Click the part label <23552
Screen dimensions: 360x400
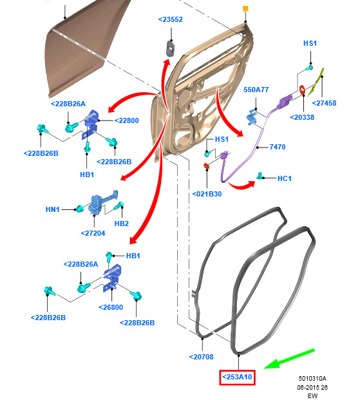click(171, 19)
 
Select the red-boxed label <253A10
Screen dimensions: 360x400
click(237, 377)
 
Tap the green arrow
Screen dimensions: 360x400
click(289, 359)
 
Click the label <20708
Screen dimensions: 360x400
click(202, 357)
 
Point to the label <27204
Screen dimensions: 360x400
click(93, 233)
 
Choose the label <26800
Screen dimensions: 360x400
click(111, 307)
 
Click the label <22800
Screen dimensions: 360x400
click(127, 120)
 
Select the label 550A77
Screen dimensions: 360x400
click(256, 90)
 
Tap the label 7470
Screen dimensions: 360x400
click(278, 147)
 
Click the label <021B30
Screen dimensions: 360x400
click(207, 194)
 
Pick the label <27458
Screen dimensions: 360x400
click(325, 103)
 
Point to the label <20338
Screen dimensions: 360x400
click(302, 117)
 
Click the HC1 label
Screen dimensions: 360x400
click(284, 178)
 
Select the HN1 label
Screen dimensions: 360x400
click(52, 209)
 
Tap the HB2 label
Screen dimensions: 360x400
click(122, 224)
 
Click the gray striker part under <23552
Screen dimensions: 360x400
click(170, 48)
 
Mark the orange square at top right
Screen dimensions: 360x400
click(245, 8)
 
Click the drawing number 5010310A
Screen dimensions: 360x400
click(312, 378)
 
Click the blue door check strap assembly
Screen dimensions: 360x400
click(102, 202)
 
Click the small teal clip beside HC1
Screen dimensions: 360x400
click(260, 176)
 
